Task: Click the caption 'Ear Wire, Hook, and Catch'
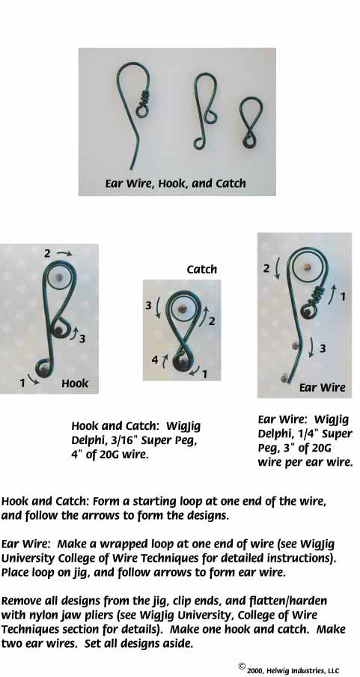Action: point(175,183)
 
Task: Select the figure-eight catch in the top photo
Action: point(251,123)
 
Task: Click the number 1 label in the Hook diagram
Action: point(22,383)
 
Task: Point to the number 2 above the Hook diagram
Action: point(47,253)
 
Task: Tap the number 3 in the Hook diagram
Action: point(82,339)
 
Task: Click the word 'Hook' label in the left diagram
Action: point(75,383)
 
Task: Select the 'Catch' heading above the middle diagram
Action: point(201,270)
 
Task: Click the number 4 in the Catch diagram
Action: point(154,359)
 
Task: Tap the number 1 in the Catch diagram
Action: point(204,374)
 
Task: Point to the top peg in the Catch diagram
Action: point(183,309)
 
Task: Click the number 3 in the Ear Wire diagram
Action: point(323,348)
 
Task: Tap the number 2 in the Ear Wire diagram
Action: point(266,269)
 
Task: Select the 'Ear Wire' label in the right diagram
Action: point(323,387)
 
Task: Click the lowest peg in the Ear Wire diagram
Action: point(284,378)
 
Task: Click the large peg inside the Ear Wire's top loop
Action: point(307,266)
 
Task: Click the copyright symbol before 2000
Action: point(242,667)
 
